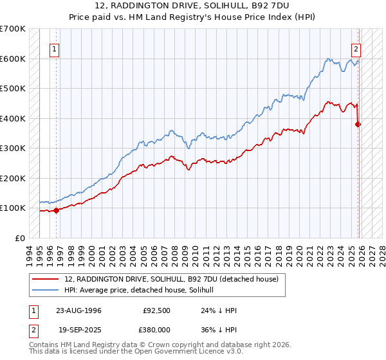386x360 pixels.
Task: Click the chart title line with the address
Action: (193, 6)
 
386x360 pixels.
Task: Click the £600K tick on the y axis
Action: (13, 59)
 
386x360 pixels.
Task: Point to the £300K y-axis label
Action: (13, 148)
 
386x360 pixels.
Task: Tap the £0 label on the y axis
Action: (19, 238)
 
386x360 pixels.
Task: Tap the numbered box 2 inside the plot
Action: (356, 48)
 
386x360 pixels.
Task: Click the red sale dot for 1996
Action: (56, 210)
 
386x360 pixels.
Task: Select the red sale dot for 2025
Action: (358, 124)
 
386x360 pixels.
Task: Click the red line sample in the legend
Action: (46, 280)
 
